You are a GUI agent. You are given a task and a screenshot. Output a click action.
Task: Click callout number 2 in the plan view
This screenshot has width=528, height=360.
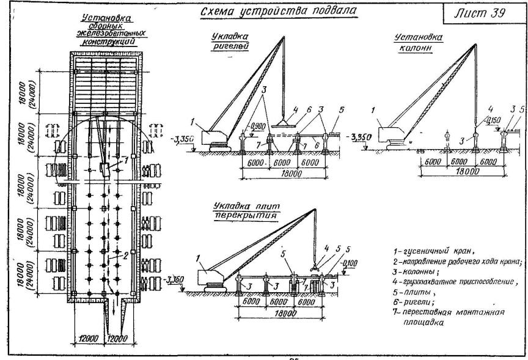pos(126,255)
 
